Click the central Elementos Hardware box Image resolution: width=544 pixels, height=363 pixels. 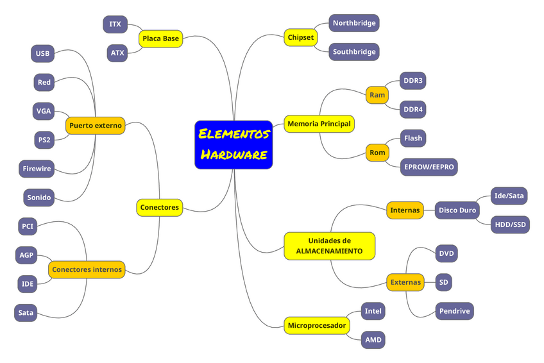click(x=234, y=144)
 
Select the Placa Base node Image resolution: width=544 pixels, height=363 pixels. click(x=161, y=38)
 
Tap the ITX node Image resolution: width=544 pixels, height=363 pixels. click(x=115, y=24)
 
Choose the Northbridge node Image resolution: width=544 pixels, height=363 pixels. click(x=353, y=23)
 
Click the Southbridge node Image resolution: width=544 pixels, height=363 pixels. click(x=353, y=52)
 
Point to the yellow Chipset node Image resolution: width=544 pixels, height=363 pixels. click(x=301, y=37)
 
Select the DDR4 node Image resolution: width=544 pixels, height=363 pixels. click(x=413, y=110)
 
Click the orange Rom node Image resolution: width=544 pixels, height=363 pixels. click(x=377, y=153)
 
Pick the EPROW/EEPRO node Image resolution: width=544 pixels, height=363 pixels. click(x=429, y=167)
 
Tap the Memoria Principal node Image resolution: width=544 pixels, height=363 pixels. click(x=319, y=123)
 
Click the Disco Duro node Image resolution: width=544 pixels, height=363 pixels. click(x=457, y=210)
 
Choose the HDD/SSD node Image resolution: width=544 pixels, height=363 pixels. click(x=510, y=224)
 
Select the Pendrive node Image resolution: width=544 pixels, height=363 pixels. click(x=454, y=311)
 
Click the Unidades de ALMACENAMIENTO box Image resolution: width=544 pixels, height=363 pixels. click(x=329, y=246)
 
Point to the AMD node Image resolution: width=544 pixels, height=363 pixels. click(x=373, y=340)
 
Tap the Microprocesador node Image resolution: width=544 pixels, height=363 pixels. click(x=316, y=325)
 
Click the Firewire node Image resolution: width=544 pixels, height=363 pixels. click(x=37, y=169)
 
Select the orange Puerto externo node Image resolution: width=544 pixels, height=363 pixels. click(x=96, y=126)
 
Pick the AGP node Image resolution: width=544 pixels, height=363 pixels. click(x=26, y=255)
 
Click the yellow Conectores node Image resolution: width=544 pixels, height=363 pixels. click(x=160, y=207)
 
